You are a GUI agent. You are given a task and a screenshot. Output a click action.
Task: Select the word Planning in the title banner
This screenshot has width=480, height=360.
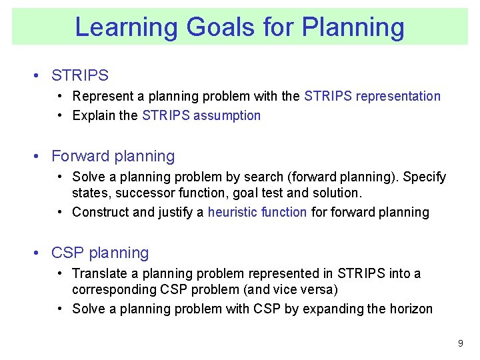point(353,27)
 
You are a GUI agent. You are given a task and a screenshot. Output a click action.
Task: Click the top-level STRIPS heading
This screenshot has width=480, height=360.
point(79,76)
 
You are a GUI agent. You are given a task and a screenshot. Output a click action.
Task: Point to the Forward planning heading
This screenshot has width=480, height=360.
point(113,156)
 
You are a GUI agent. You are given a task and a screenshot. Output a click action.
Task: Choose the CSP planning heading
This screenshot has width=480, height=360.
point(100,253)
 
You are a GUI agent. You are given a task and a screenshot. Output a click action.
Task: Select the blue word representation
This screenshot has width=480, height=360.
point(398,96)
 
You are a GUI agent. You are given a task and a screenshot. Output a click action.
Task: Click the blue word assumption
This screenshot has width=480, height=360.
point(227,115)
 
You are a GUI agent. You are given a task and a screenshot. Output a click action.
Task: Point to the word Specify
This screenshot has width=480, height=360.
point(425,177)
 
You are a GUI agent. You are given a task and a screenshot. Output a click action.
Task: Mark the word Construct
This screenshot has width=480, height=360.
point(101,212)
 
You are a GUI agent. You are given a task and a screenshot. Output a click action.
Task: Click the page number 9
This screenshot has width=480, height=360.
point(460,343)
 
